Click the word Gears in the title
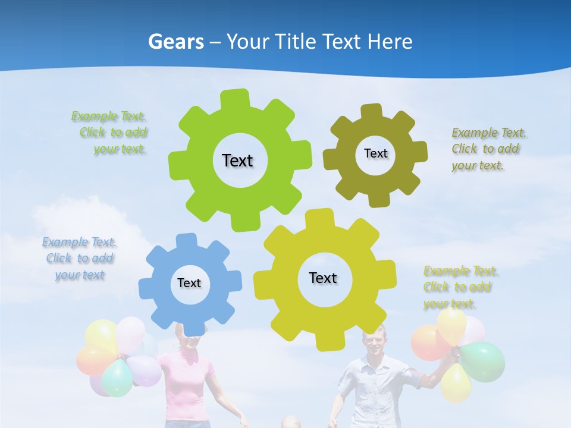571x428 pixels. coord(175,42)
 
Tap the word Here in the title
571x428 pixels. coord(390,42)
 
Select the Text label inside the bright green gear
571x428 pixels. coord(237,160)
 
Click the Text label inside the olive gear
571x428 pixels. coord(375,153)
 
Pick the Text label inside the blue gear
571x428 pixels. coord(189,283)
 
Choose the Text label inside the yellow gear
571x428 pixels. coord(323,278)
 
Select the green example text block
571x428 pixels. coord(111,133)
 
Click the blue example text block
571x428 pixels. coord(79,259)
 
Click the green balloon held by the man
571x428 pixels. coord(482,361)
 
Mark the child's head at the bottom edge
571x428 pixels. coord(290,423)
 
